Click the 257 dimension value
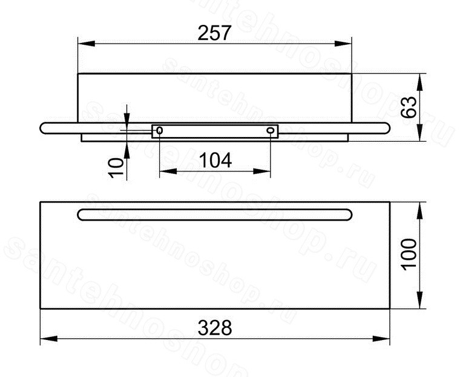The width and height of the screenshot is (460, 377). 215,33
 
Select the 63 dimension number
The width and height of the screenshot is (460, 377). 409,107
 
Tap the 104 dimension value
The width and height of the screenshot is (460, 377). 215,161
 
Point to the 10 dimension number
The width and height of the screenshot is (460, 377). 116,167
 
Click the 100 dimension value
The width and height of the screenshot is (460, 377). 409,255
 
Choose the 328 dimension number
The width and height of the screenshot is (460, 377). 215,328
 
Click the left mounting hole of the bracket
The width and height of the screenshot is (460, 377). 160,130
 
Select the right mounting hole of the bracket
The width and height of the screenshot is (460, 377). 270,130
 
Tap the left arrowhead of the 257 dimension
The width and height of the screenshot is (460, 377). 87,44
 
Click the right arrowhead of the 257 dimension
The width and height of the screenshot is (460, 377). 343,44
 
